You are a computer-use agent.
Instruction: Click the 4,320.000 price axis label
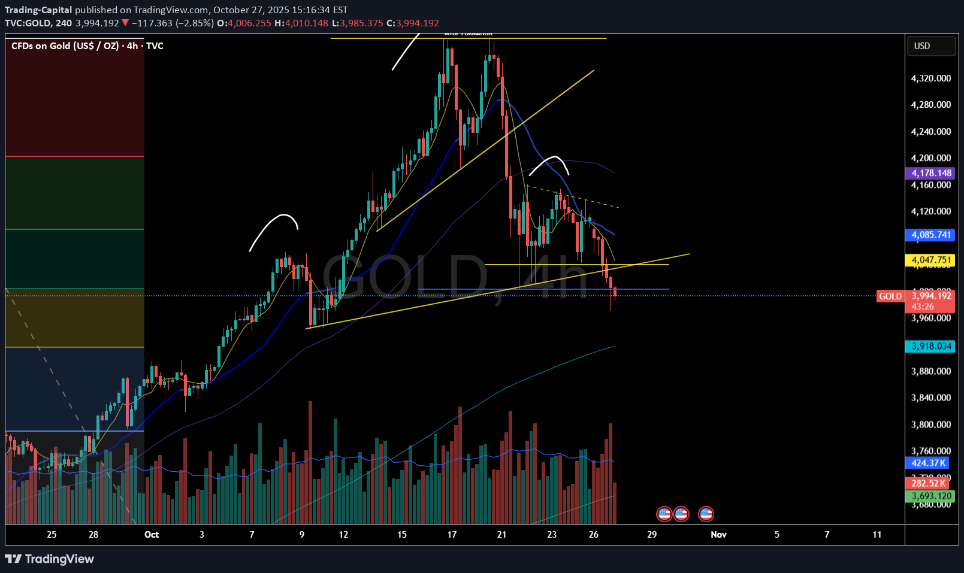click(x=930, y=78)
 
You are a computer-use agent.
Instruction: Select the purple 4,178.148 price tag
click(x=931, y=173)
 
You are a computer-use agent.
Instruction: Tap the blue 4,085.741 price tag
click(x=931, y=235)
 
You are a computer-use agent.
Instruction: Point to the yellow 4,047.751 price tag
click(x=931, y=260)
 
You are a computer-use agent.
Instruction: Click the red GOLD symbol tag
click(x=890, y=296)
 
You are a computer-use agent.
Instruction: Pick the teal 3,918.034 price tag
click(x=931, y=346)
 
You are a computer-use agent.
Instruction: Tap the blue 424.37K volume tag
click(x=928, y=463)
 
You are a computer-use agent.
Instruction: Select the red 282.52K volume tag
click(x=928, y=483)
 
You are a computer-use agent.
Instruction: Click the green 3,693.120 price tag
click(x=931, y=496)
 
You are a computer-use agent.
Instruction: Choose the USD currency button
click(x=930, y=46)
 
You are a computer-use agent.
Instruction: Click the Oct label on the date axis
click(x=152, y=535)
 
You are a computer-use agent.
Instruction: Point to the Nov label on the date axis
click(x=718, y=535)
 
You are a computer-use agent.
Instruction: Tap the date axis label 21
click(x=501, y=535)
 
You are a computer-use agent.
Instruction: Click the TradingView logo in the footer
click(x=50, y=559)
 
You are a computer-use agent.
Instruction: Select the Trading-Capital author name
click(x=38, y=10)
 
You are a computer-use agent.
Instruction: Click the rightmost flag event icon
click(x=706, y=514)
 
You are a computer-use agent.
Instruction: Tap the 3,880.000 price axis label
click(x=930, y=371)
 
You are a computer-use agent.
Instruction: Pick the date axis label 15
click(x=401, y=535)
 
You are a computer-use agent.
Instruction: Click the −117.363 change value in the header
click(x=152, y=23)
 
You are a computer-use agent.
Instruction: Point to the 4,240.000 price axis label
click(x=930, y=132)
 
